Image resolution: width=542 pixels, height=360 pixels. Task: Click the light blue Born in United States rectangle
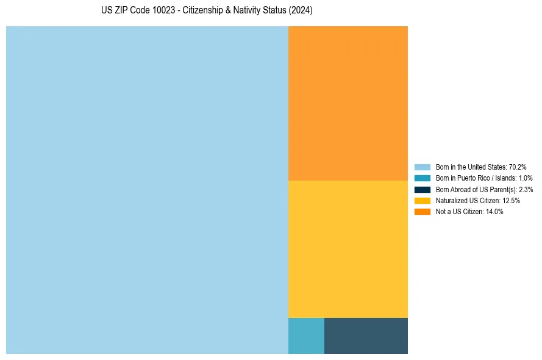tap(147, 190)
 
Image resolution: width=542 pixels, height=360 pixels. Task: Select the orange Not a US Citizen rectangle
tap(348, 103)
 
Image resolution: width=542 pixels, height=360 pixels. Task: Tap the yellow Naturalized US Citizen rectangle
tap(348, 249)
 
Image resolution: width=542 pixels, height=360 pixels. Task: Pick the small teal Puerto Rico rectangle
tap(306, 336)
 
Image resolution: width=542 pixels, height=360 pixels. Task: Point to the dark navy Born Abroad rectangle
tap(366, 336)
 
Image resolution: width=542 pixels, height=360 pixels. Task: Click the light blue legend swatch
tap(423, 167)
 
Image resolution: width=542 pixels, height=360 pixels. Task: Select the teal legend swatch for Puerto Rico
tap(423, 178)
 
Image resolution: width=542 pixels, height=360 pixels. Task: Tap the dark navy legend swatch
tap(423, 189)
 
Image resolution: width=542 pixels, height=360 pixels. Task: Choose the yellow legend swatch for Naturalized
tap(423, 200)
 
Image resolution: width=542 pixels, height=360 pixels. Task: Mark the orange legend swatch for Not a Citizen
tap(423, 212)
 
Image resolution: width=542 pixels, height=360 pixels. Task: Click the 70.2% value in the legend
tap(518, 167)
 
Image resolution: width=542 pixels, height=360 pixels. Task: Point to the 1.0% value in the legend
tap(525, 178)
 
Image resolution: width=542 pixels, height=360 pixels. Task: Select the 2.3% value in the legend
tap(526, 189)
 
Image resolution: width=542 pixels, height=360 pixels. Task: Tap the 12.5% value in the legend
tap(511, 200)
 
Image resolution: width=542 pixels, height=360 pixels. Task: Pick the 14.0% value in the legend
tap(494, 212)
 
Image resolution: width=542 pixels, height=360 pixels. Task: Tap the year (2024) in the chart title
tap(300, 11)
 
